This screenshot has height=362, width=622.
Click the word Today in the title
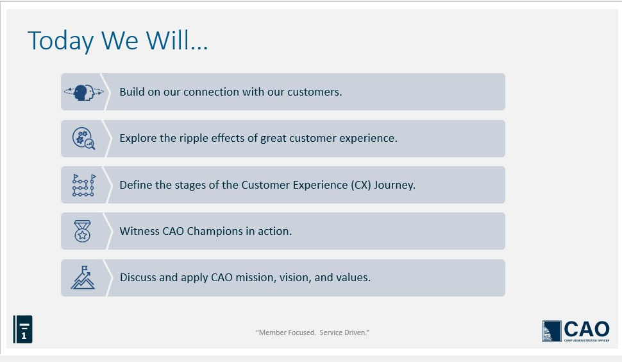point(61,41)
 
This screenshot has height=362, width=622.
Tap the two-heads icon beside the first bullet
point(84,92)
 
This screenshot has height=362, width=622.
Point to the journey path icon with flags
point(84,185)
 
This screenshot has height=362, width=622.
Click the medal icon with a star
point(83,231)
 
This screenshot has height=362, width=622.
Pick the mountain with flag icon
point(83,277)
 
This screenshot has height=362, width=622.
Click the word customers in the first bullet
point(314,92)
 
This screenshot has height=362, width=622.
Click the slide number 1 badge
point(22,329)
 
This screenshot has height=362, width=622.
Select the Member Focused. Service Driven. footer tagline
point(312,332)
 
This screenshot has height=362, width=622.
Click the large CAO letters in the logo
point(587,329)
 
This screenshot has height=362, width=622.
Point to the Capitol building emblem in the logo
point(552,331)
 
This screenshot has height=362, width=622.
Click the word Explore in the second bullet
point(138,139)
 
